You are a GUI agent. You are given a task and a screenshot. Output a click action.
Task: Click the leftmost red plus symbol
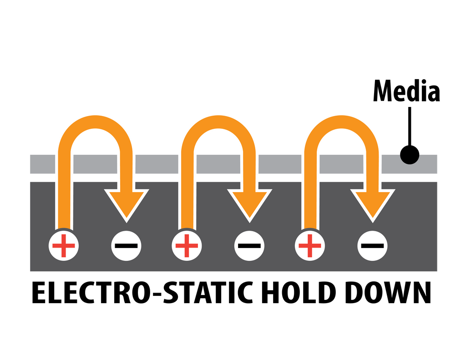64,246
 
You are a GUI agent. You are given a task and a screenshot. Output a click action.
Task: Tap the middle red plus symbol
187,246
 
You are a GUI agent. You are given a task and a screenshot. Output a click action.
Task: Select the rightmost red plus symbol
309,246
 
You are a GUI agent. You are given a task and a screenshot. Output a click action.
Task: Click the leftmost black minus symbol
127,246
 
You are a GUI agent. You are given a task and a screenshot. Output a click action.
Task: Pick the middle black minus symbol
249,246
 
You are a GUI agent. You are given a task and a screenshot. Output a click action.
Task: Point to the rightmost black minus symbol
372,246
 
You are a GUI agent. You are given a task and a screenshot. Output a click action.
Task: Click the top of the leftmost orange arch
95,122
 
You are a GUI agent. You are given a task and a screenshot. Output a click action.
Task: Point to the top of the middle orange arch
218,122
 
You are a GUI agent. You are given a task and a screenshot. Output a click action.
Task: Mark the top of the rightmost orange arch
341,122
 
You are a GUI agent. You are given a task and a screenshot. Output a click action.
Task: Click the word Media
406,91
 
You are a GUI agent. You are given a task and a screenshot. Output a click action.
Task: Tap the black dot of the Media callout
410,155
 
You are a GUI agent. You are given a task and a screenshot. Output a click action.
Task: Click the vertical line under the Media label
410,127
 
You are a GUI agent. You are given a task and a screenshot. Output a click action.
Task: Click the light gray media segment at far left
42,164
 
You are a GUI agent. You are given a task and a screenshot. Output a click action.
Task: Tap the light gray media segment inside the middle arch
218,164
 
